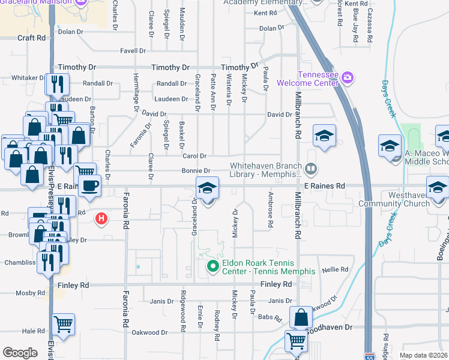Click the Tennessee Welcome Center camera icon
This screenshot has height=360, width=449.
pyautogui.click(x=347, y=77)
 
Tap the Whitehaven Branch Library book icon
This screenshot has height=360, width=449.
pyautogui.click(x=310, y=170)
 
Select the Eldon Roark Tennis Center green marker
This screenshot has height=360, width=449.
pyautogui.click(x=211, y=266)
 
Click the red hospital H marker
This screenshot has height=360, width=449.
pyautogui.click(x=102, y=219)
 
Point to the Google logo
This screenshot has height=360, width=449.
pyautogui.click(x=20, y=353)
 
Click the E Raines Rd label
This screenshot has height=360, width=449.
pyautogui.click(x=324, y=186)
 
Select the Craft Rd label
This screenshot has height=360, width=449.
pyautogui.click(x=31, y=38)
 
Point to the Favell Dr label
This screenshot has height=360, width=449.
pyautogui.click(x=133, y=51)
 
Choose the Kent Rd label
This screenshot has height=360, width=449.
pyautogui.click(x=264, y=13)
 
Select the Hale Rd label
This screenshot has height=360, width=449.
pyautogui.click(x=33, y=331)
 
